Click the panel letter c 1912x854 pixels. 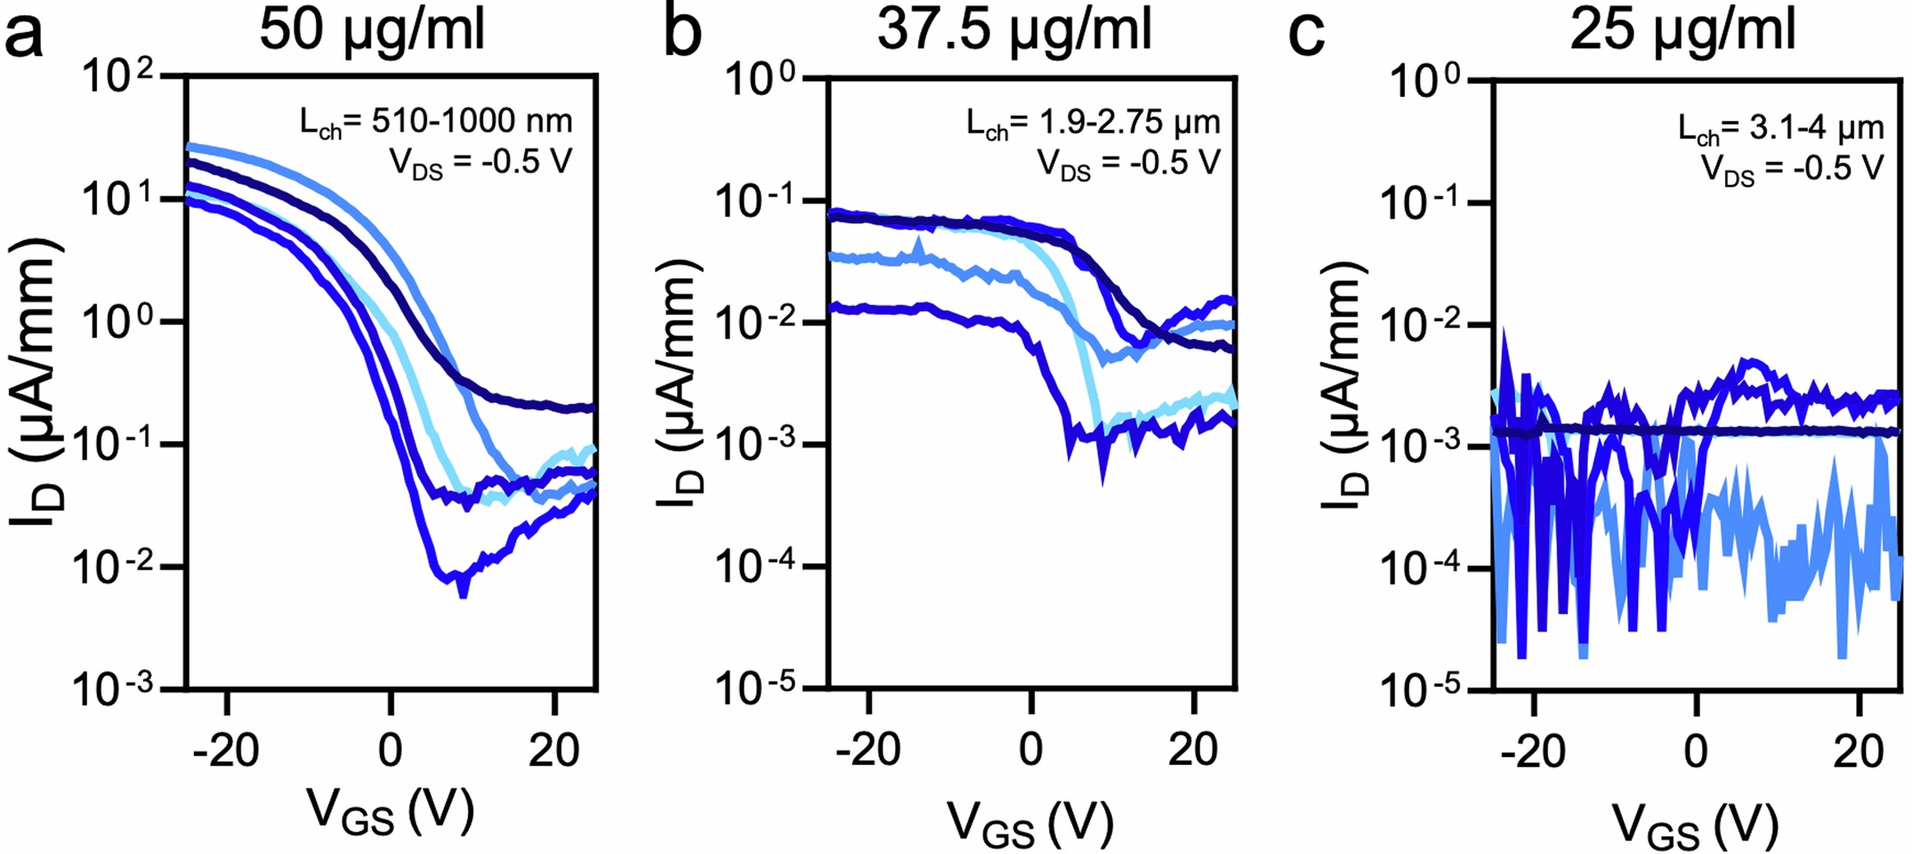(1307, 36)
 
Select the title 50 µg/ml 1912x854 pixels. (372, 29)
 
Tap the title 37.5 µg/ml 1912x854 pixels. (1014, 29)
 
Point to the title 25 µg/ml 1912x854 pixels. (1682, 29)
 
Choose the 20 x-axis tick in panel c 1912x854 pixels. (1859, 752)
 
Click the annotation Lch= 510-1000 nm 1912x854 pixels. (435, 122)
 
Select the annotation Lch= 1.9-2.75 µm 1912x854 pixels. (1093, 123)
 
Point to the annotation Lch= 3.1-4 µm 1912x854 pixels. (1780, 129)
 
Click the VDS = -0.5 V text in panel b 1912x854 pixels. (1128, 164)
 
